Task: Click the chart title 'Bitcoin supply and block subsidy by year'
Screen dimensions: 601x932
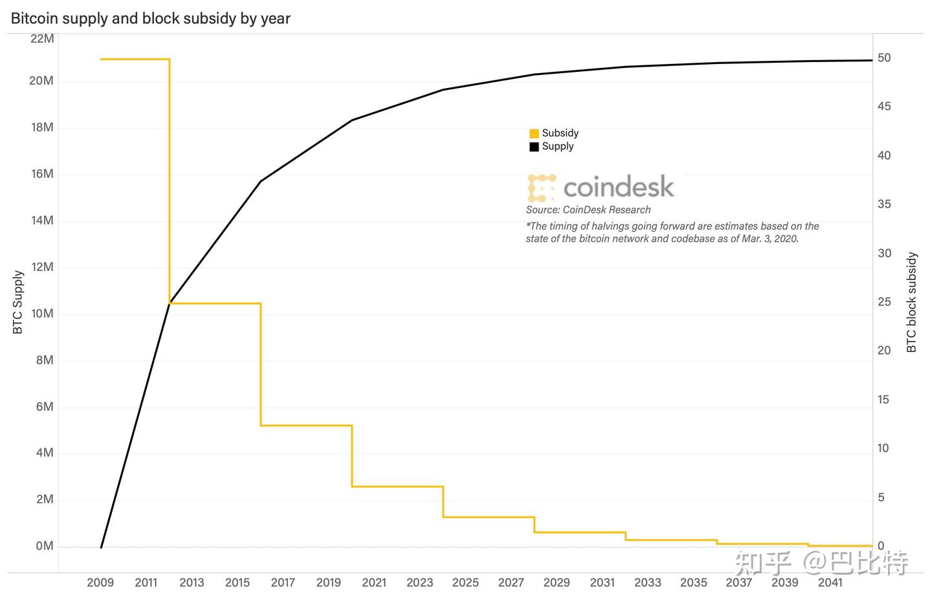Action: (x=150, y=18)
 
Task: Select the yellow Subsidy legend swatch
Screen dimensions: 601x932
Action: (x=534, y=134)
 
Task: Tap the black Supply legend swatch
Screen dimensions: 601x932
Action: (x=534, y=147)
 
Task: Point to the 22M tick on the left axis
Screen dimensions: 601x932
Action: (x=43, y=38)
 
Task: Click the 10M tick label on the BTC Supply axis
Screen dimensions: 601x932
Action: (x=43, y=314)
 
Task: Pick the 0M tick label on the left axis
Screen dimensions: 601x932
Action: (x=45, y=546)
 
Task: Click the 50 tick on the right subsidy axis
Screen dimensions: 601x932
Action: (x=883, y=58)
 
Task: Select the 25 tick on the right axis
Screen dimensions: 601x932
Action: (x=883, y=302)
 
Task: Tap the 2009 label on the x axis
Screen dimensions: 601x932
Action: (x=100, y=582)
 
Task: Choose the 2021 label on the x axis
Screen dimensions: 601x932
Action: (x=374, y=582)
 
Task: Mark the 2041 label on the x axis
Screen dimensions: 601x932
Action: (x=830, y=582)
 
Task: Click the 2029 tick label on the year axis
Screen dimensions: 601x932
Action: (x=557, y=582)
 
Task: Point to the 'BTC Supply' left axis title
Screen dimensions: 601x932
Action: (x=18, y=302)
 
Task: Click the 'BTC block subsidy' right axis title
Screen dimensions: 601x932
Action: (x=912, y=302)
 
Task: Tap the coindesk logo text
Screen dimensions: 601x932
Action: (x=618, y=187)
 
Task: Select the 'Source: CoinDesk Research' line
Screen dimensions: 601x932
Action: (x=588, y=210)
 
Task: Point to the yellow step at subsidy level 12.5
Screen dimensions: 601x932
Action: (x=306, y=425)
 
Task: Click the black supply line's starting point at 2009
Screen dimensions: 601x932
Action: (x=102, y=547)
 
